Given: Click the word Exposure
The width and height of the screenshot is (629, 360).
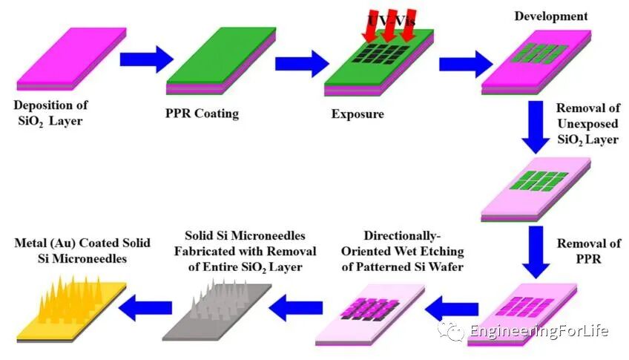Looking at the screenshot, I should pyautogui.click(x=358, y=114).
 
